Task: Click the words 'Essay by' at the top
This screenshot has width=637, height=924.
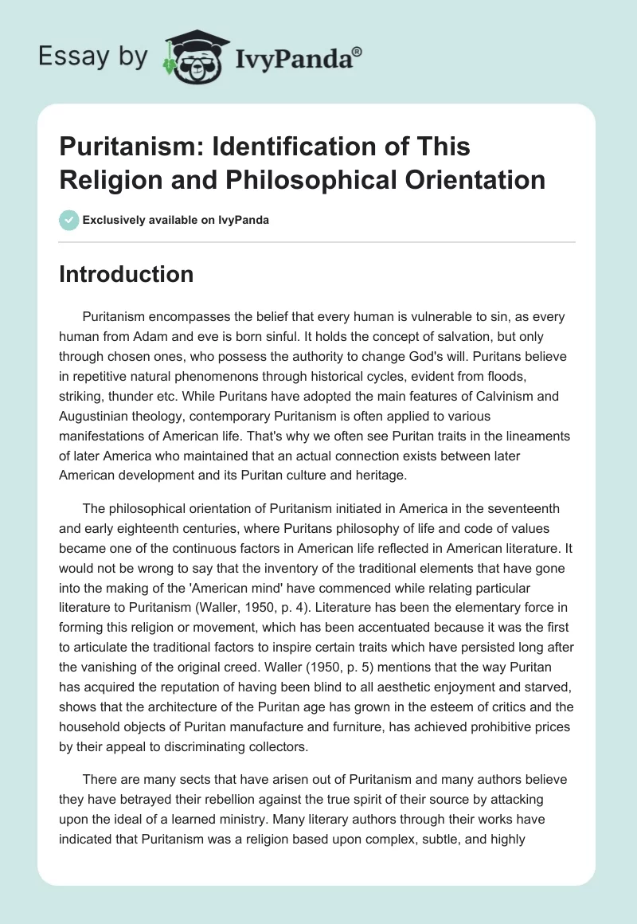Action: [x=92, y=56]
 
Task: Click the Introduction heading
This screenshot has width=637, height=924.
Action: [x=127, y=274]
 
